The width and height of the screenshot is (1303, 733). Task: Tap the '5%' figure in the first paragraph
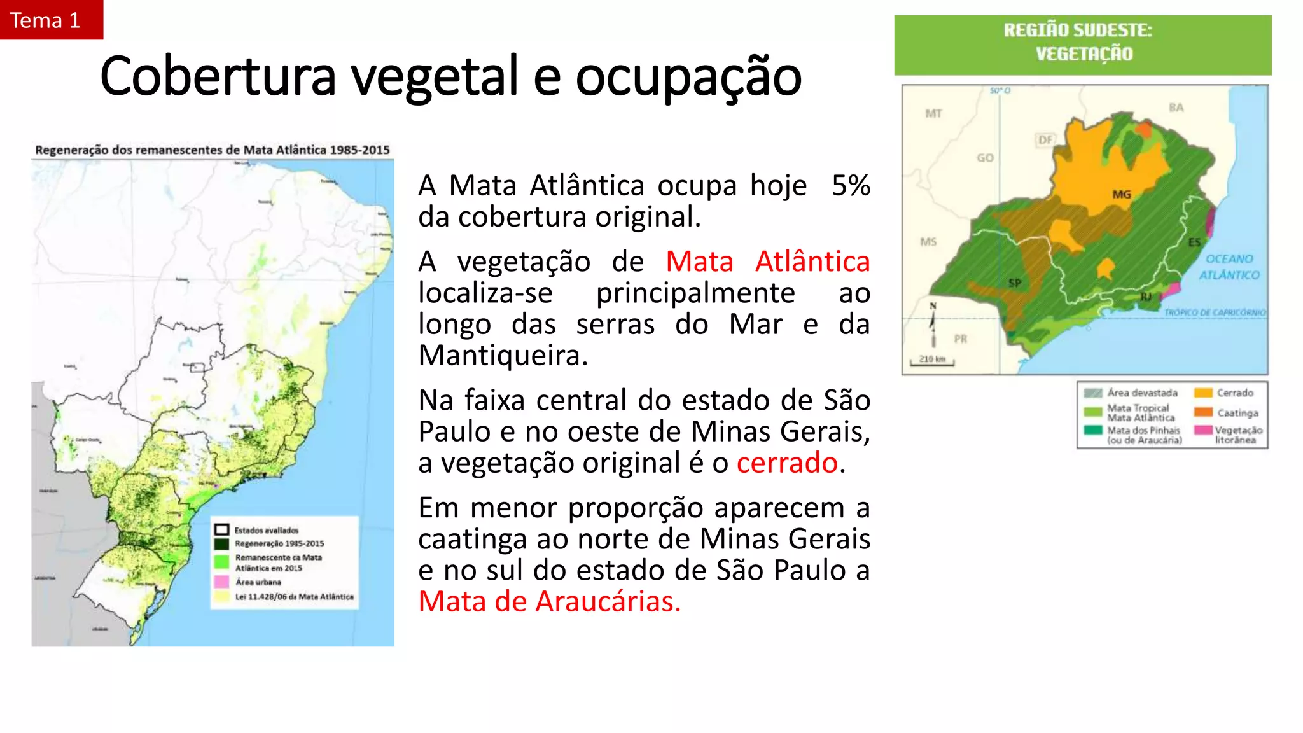[850, 186]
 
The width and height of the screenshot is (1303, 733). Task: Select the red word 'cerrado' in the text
[787, 463]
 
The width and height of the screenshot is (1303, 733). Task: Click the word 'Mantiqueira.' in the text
[503, 355]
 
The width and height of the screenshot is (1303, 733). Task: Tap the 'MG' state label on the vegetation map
[1121, 194]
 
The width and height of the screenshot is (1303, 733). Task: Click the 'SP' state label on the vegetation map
[1014, 283]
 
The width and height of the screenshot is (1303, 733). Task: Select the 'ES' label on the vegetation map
[1194, 242]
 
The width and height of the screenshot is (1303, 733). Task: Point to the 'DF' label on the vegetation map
[1045, 140]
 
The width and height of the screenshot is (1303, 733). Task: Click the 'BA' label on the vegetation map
[1176, 108]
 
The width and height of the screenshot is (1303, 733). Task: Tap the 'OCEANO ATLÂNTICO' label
[1229, 267]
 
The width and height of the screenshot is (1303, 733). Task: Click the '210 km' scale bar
[932, 361]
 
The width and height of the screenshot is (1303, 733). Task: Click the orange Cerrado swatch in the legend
[1202, 393]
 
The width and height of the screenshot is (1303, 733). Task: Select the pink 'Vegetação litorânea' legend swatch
[1202, 430]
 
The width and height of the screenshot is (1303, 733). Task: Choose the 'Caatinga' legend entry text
[1237, 413]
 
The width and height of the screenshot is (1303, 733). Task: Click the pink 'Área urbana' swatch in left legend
[221, 582]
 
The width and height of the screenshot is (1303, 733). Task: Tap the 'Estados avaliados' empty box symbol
[221, 530]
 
